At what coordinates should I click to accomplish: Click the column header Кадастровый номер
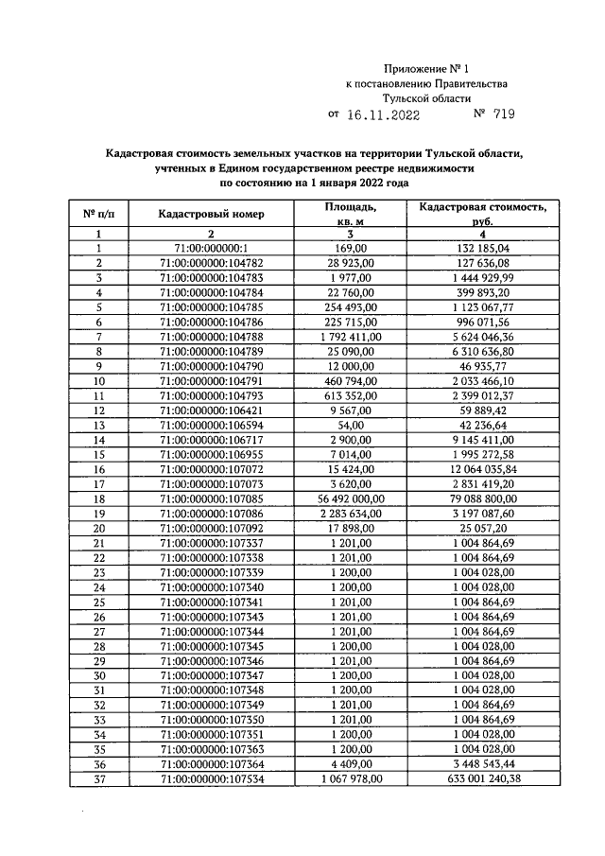click(x=211, y=214)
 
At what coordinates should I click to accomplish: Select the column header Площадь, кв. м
click(x=350, y=214)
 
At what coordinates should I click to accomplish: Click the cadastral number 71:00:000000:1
click(x=211, y=249)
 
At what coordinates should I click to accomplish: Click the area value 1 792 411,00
click(x=350, y=336)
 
